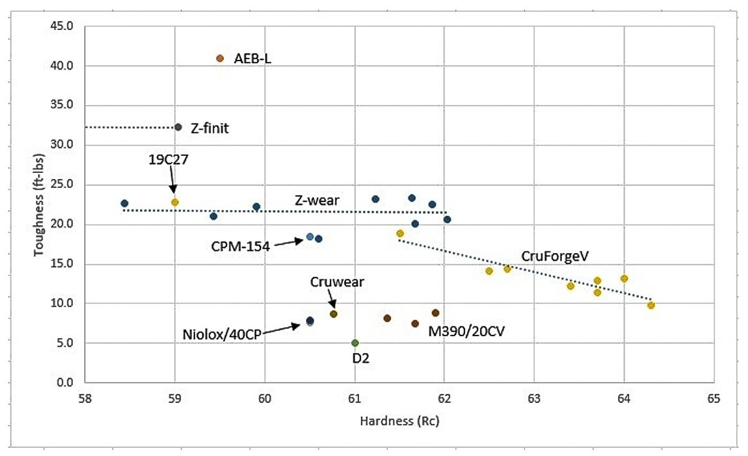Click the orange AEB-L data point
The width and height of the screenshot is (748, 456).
tap(219, 59)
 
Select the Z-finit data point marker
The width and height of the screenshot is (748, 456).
tap(178, 127)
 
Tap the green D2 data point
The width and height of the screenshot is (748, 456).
tap(355, 343)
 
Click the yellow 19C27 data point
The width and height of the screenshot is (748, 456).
tap(175, 202)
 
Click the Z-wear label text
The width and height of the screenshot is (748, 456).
tap(317, 200)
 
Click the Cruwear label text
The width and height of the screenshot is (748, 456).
tap(337, 281)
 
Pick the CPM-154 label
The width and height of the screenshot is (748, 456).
tap(240, 246)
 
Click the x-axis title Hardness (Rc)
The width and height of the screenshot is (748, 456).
tap(400, 421)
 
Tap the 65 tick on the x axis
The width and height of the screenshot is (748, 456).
tap(713, 397)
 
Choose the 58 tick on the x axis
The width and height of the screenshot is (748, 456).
tap(85, 397)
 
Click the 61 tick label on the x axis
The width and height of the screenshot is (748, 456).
tap(355, 397)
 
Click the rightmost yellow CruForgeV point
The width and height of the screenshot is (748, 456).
tap(651, 306)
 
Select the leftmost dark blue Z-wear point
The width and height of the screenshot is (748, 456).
tap(124, 203)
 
